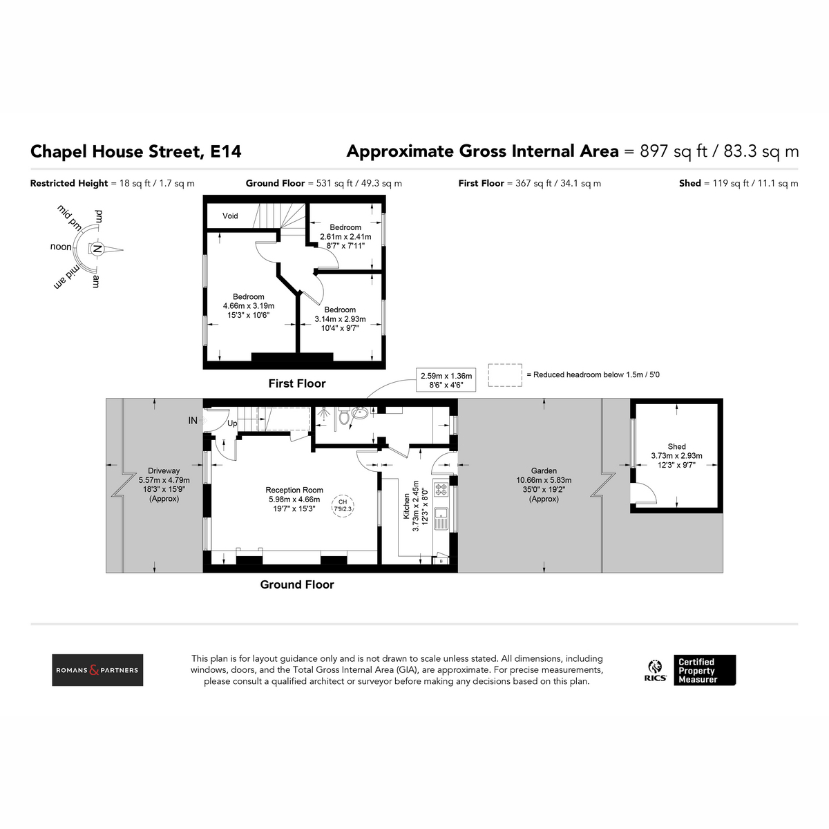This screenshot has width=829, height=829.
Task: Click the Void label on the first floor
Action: tap(230, 216)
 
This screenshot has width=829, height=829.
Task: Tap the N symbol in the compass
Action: tap(97, 249)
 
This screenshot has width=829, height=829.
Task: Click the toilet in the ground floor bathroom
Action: tap(344, 417)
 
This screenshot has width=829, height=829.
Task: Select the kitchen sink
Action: tap(441, 518)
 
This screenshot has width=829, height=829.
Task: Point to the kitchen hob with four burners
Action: tap(441, 489)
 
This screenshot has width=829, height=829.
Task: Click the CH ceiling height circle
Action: tap(343, 505)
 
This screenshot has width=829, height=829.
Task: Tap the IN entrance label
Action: tap(193, 421)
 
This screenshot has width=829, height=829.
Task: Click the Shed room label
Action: tap(676, 446)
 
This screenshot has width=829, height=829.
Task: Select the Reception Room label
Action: tap(294, 490)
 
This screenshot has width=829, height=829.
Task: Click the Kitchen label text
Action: tap(406, 506)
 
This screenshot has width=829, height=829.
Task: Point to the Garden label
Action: tap(544, 470)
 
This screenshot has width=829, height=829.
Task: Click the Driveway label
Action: tap(164, 470)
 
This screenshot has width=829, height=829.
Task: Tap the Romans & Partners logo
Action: tap(97, 670)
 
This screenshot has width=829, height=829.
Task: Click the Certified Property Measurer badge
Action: tap(705, 670)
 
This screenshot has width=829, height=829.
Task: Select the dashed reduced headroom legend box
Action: tap(505, 375)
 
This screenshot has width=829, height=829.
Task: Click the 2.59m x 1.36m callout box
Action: tap(446, 380)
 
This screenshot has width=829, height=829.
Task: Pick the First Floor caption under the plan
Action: tap(297, 383)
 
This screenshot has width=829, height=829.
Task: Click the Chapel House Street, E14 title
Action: tap(136, 151)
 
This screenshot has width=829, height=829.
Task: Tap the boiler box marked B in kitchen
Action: tap(441, 561)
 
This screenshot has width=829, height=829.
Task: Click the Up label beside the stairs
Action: tap(232, 423)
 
